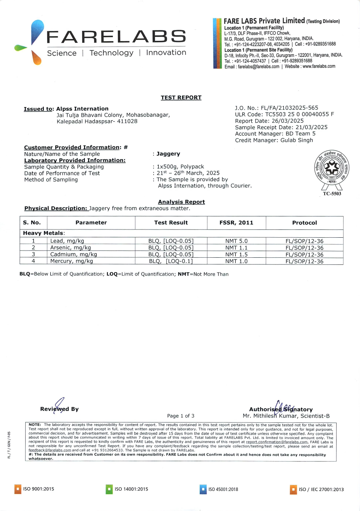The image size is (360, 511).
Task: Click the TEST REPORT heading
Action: click(x=181, y=97)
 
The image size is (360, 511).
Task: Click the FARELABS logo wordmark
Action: click(x=116, y=37)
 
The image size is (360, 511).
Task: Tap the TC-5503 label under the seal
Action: click(x=332, y=194)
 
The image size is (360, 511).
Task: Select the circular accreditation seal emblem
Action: click(x=331, y=167)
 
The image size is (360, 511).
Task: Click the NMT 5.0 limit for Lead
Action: click(x=236, y=241)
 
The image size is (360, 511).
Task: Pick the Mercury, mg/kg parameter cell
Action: click(x=71, y=261)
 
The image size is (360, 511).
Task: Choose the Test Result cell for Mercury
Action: click(x=171, y=261)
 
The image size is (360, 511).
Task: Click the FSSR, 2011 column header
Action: click(x=236, y=223)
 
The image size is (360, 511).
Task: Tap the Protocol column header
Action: click(x=304, y=223)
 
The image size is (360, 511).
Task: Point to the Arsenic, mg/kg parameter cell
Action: click(x=70, y=248)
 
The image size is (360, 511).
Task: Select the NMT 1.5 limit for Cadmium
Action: click(x=236, y=255)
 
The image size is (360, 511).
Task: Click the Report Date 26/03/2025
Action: click(x=269, y=121)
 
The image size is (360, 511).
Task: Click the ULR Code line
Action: click(x=284, y=115)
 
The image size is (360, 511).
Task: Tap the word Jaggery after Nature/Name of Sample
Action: click(x=168, y=154)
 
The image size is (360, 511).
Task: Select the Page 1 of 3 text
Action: click(x=181, y=416)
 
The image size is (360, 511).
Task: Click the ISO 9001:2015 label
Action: click(x=38, y=489)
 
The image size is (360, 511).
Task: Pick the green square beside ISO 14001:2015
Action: click(x=109, y=489)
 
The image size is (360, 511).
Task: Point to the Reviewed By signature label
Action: click(x=60, y=409)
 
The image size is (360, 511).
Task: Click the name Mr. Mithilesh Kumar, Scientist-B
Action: click(x=286, y=416)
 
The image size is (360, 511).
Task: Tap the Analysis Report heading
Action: click(x=181, y=202)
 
